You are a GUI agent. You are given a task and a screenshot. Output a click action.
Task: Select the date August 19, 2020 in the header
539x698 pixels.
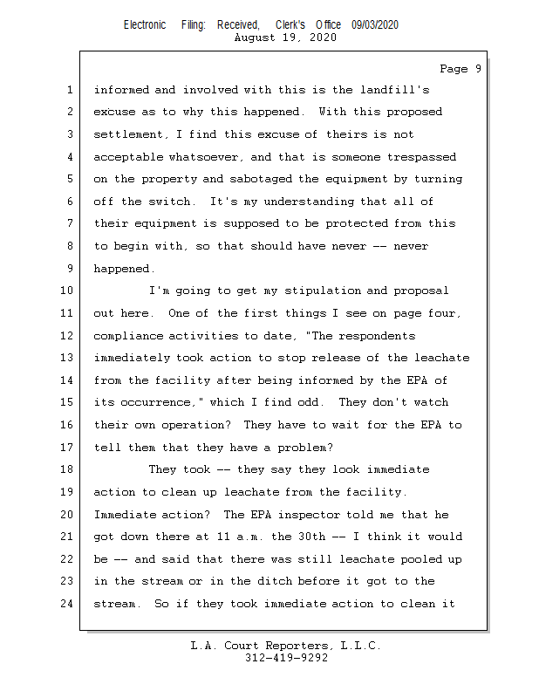[285, 38]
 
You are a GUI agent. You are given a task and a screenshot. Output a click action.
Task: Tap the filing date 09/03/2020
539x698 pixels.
[375, 25]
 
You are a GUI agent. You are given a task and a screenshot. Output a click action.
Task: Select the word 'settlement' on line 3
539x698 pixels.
[128, 134]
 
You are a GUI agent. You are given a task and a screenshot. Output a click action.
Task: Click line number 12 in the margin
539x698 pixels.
[69, 335]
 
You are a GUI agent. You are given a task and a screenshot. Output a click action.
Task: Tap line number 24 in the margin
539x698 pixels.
[69, 603]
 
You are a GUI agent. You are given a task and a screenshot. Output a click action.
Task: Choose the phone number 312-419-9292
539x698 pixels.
[286, 659]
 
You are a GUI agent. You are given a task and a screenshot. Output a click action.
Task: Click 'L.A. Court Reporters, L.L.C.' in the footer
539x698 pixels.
[286, 647]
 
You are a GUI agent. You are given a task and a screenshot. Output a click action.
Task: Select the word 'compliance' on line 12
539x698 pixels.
[128, 336]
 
